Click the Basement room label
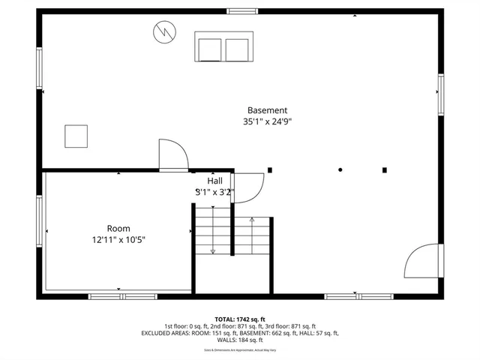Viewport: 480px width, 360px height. [x=267, y=109]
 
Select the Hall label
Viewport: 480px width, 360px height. [x=214, y=181]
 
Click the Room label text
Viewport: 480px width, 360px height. [x=118, y=229]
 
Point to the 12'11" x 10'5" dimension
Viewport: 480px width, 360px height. [x=118, y=240]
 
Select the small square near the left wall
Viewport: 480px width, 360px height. [x=76, y=136]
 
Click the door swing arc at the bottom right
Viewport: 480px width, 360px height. [x=419, y=261]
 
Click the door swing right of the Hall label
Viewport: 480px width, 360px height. [x=249, y=187]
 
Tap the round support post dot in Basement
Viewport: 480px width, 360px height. [x=340, y=169]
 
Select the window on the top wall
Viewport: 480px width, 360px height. [x=242, y=11]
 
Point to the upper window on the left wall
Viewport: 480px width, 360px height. [x=40, y=68]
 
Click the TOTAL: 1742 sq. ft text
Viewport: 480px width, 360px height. [x=239, y=318]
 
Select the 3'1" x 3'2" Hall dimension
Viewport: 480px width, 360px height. [x=215, y=192]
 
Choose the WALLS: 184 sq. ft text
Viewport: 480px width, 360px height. [x=239, y=340]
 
